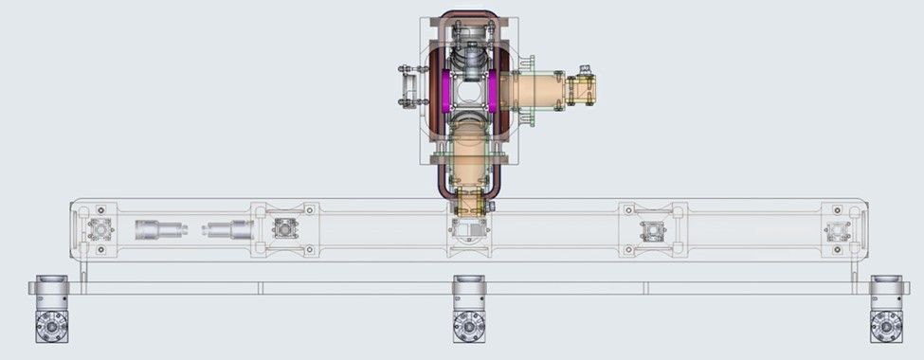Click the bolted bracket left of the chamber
[409, 86]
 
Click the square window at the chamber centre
[468, 92]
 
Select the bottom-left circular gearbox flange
[50, 327]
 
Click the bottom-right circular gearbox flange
[886, 327]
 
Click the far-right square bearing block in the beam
[837, 230]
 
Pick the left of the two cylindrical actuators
[157, 229]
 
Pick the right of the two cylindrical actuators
[228, 229]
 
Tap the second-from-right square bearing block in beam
[652, 229]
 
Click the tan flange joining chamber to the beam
[468, 202]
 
